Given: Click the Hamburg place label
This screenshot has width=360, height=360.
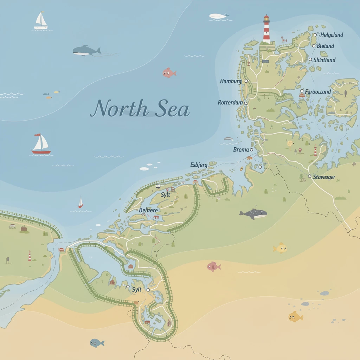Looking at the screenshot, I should click(x=231, y=81).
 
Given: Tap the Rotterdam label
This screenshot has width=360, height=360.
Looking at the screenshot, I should click(x=230, y=103).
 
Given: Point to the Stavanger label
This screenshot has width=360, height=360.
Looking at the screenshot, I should click(x=324, y=177).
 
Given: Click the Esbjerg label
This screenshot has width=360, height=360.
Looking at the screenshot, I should click(x=199, y=165).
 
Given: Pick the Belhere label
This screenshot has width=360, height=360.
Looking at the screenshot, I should click(x=148, y=210).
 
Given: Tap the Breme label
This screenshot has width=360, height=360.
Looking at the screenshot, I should click(x=241, y=150).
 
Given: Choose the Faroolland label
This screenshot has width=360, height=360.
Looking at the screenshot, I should click(x=318, y=92).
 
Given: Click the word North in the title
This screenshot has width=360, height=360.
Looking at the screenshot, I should click(x=119, y=109).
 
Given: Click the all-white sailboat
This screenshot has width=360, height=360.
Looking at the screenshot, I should click(x=41, y=21).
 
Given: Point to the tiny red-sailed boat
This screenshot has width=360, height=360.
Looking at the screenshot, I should click(x=81, y=202).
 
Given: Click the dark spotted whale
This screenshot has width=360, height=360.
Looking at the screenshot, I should click(x=253, y=214).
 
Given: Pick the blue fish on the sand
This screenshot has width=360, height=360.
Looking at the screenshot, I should click(x=97, y=343).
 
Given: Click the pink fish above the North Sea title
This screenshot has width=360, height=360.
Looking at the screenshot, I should click(x=169, y=73).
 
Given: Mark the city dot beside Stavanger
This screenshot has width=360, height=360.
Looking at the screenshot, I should click(x=309, y=176).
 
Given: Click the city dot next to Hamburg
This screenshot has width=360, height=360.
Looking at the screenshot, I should click(x=246, y=81).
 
